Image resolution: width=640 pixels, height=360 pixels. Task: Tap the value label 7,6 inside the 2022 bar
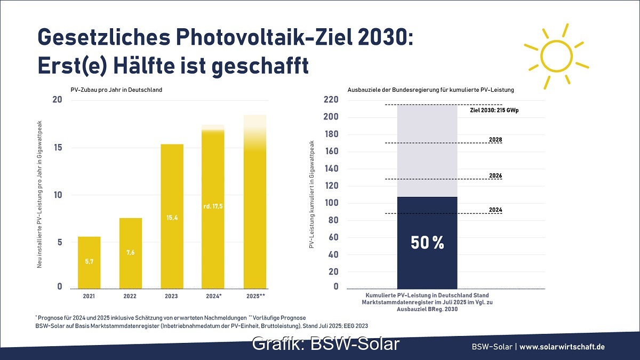131,252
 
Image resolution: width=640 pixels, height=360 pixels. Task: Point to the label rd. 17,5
213,206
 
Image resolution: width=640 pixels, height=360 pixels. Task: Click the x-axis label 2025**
254,295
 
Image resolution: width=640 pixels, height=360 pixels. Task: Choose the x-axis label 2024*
213,295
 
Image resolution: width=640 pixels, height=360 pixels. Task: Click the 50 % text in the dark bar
427,243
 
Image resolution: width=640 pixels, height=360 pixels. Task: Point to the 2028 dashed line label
495,140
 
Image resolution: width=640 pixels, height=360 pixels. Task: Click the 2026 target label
495,175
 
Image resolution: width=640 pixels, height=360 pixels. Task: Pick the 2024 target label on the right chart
495,210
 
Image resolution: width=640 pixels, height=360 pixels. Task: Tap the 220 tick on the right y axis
331,100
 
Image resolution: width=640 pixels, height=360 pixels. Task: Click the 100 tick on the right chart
331,203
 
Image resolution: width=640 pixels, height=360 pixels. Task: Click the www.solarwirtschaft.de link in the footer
562,347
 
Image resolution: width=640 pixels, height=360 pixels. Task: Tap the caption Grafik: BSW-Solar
325,344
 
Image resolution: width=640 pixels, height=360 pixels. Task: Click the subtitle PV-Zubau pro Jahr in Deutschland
116,90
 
